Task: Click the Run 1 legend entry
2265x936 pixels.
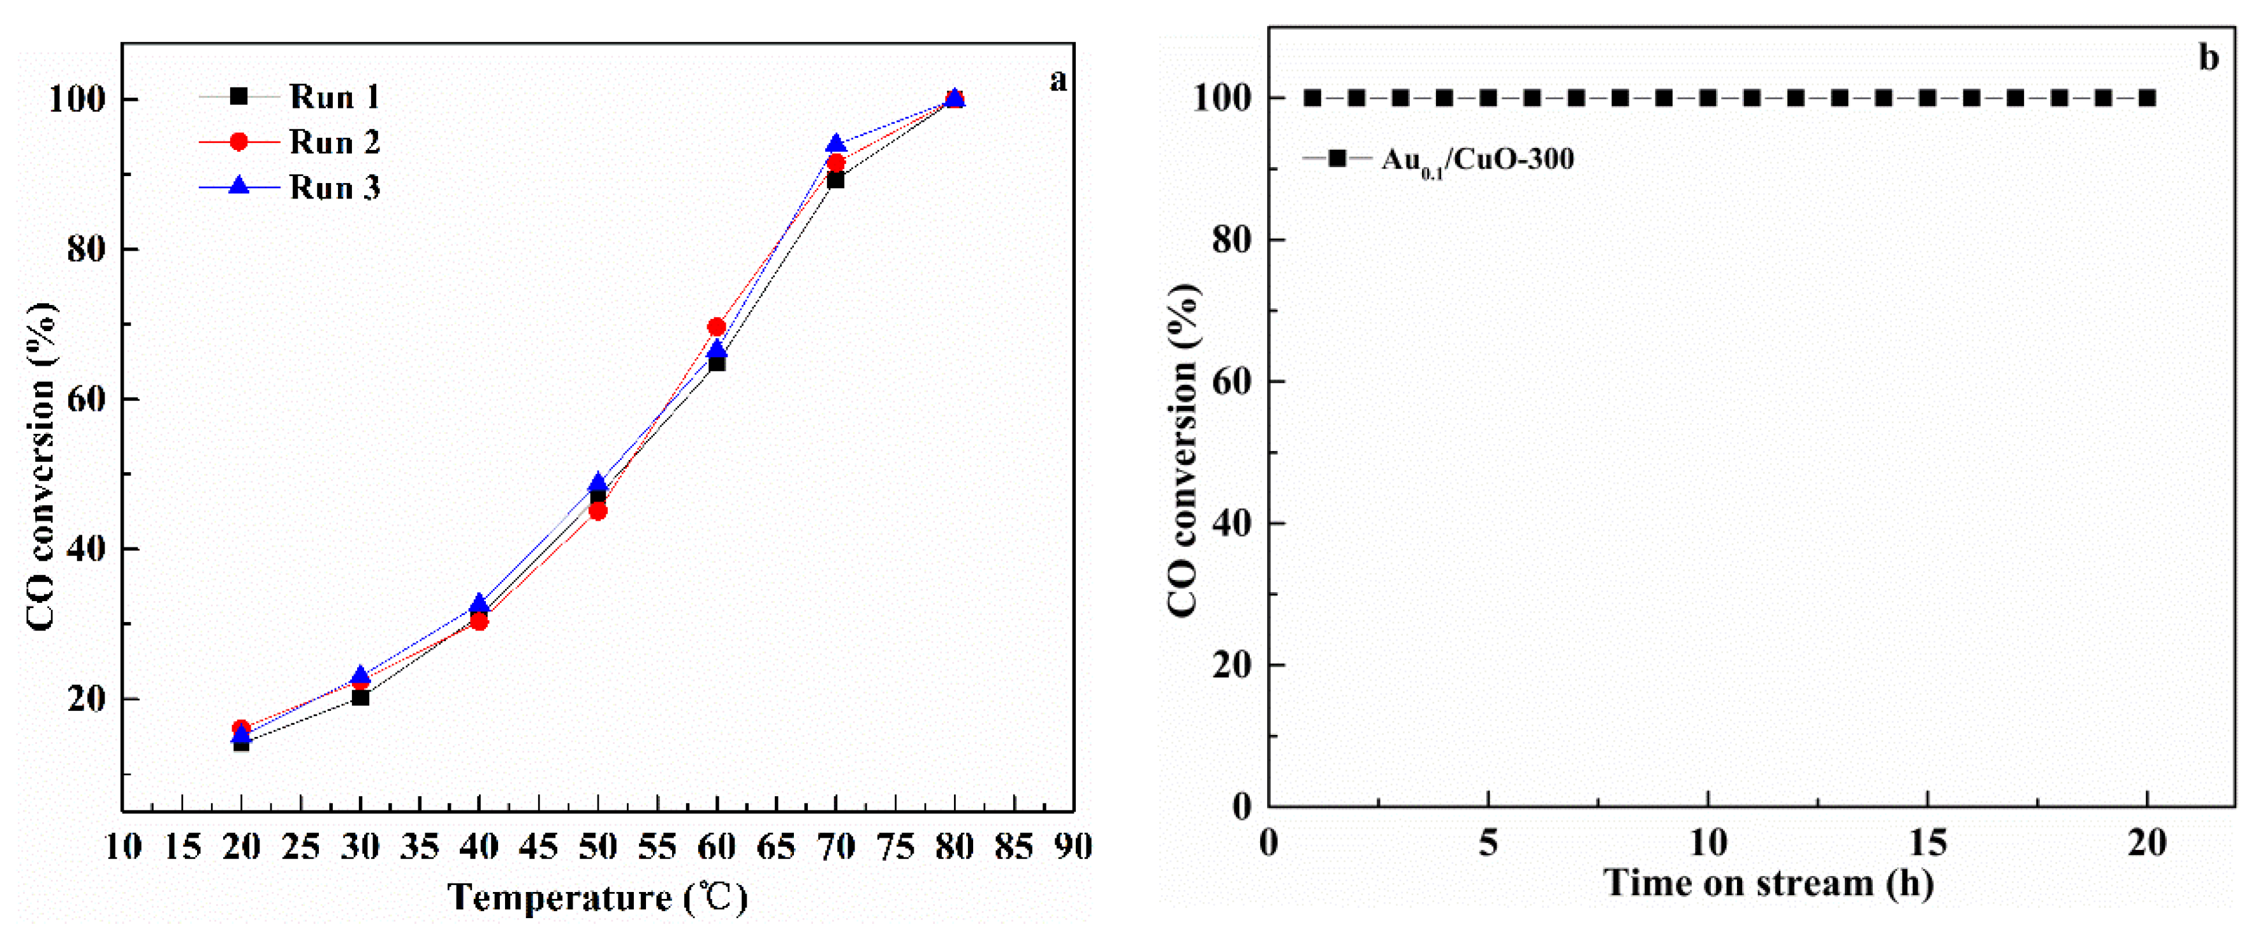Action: click(x=334, y=97)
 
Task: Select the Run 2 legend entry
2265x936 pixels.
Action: click(x=334, y=142)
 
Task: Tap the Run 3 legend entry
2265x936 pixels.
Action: click(x=334, y=188)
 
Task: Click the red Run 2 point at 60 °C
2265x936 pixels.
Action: click(x=717, y=327)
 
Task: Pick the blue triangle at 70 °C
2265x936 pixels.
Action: click(x=835, y=144)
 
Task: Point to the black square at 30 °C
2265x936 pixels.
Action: click(x=360, y=697)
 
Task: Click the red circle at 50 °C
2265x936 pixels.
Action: click(x=598, y=511)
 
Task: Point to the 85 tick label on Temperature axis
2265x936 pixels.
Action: click(x=1014, y=847)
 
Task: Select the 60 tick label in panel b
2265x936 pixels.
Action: click(x=1232, y=382)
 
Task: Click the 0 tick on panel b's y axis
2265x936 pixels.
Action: click(x=1242, y=806)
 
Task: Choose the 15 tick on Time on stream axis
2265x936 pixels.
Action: click(x=1928, y=843)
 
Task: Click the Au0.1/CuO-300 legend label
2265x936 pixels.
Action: click(x=1477, y=160)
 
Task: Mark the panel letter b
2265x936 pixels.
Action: click(x=2208, y=58)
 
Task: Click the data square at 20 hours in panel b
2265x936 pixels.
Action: click(x=2147, y=98)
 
